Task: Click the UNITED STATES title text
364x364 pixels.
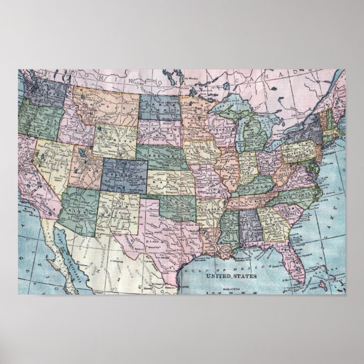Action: point(231,276)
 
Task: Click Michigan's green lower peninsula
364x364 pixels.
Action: point(249,138)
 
